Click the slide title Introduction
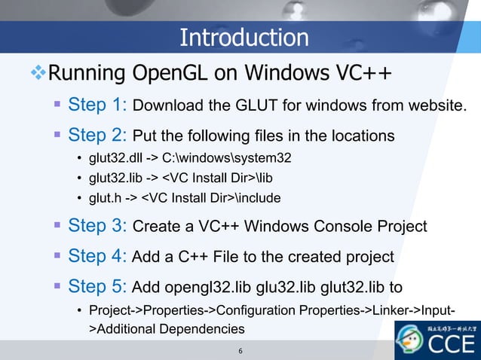(244, 37)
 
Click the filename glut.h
(106, 198)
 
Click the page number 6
(240, 351)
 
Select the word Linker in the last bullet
(393, 311)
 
